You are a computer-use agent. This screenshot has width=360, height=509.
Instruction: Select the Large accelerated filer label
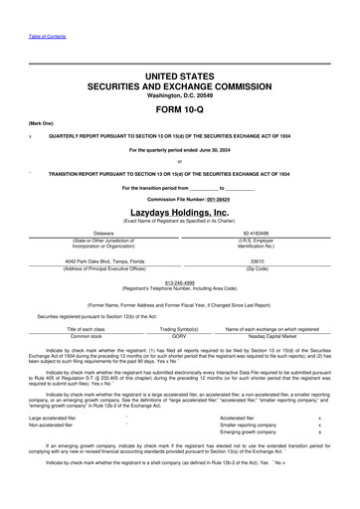(55, 418)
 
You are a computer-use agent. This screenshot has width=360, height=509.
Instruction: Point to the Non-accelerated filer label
(53, 425)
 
